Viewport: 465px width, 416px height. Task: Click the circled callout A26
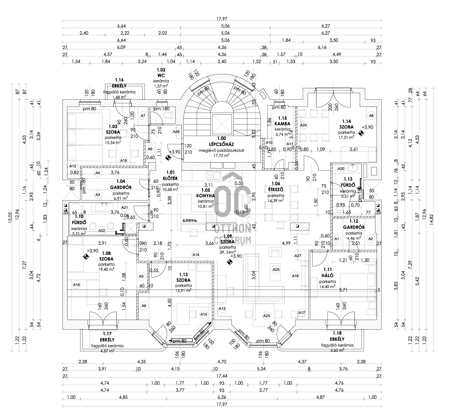click(x=176, y=132)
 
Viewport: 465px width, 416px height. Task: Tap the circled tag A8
click(x=371, y=115)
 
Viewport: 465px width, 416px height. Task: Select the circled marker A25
click(x=276, y=269)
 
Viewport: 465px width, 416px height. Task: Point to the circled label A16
click(x=77, y=285)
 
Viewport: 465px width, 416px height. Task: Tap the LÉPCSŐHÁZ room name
click(x=221, y=144)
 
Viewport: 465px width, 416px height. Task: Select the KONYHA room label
click(x=206, y=196)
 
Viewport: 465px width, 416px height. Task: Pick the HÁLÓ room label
click(x=327, y=276)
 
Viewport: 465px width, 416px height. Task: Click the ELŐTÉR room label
click(x=170, y=178)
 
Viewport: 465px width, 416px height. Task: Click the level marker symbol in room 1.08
click(x=86, y=256)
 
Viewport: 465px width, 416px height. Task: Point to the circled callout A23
click(x=266, y=316)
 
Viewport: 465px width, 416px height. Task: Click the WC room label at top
click(x=161, y=75)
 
